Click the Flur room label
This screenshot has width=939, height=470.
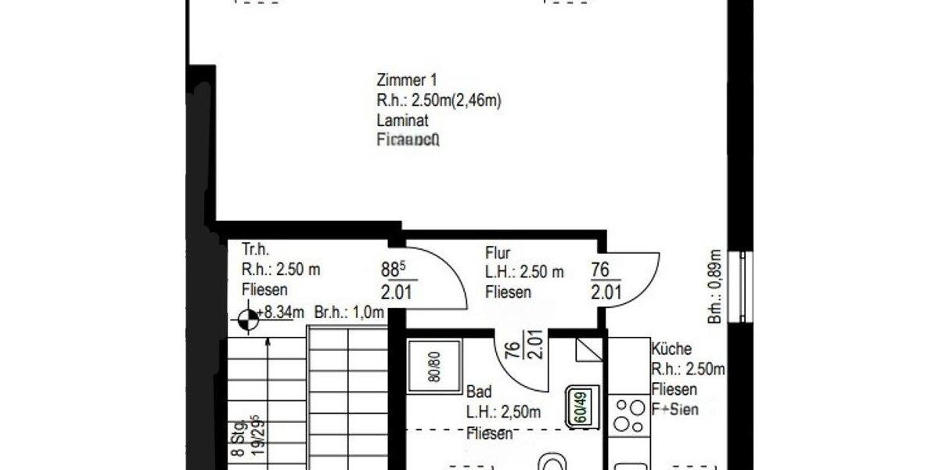coord(498,253)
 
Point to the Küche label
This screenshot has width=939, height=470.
coord(671,349)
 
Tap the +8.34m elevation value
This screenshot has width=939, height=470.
coord(282,313)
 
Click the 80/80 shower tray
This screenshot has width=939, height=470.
coord(434,367)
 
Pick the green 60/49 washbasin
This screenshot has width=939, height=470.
coord(583,407)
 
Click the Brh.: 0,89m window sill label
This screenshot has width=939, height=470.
coord(714,286)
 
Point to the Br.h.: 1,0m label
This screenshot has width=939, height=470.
coord(349,313)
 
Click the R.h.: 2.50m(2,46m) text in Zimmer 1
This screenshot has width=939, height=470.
coord(438,100)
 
